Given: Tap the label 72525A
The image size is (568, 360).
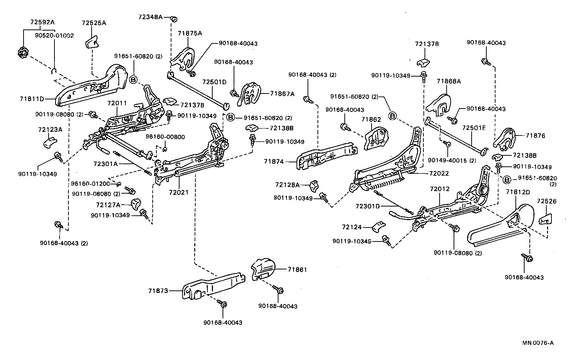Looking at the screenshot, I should (x=94, y=23).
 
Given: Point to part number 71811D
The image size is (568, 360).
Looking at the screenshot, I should (x=32, y=99).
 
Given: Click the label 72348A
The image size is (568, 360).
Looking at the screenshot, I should (x=150, y=17).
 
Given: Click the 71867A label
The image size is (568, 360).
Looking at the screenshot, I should (x=282, y=94).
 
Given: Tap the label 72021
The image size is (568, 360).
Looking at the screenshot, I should (x=178, y=193).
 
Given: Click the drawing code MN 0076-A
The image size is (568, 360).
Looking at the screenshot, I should (x=537, y=343).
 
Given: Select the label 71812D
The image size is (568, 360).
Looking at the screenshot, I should (x=518, y=192).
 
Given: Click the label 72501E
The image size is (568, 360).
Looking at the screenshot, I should (x=474, y=128).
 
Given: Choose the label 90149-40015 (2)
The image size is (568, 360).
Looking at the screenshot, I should (x=452, y=160).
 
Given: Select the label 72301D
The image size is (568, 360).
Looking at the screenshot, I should (x=368, y=206).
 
